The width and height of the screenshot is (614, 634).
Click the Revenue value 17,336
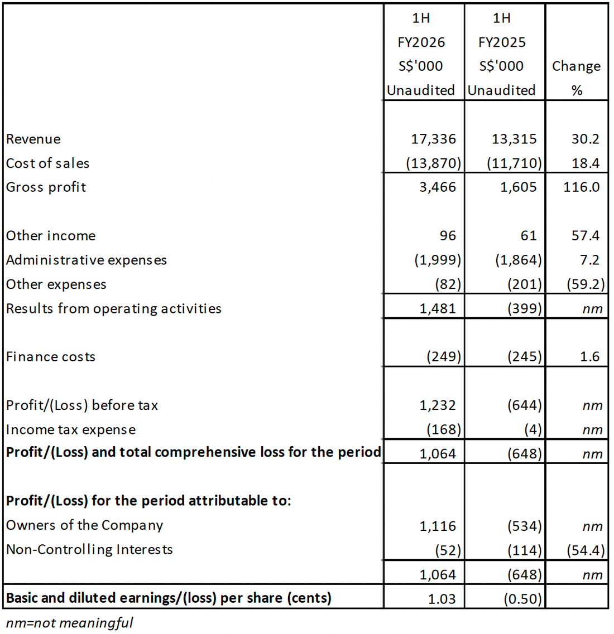(433, 139)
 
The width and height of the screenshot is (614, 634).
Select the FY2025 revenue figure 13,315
(514, 139)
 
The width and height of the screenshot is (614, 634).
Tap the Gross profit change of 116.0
(581, 187)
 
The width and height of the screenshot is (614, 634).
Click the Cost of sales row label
(47, 163)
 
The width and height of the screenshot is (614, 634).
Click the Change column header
(576, 66)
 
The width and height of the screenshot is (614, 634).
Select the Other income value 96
(447, 236)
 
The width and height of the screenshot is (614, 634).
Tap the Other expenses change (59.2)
(585, 284)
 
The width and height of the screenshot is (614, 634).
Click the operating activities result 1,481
(438, 308)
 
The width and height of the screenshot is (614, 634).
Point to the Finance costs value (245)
(524, 357)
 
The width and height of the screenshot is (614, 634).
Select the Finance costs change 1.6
(589, 357)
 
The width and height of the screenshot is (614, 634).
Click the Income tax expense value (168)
(444, 429)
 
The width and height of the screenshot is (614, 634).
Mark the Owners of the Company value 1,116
(438, 526)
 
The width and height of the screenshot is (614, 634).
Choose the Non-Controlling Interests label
(89, 550)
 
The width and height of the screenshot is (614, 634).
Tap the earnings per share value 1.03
(442, 599)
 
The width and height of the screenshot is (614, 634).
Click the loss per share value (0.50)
(522, 599)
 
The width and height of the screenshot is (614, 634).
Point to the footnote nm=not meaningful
(69, 623)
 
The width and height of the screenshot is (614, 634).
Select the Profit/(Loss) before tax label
(81, 405)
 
